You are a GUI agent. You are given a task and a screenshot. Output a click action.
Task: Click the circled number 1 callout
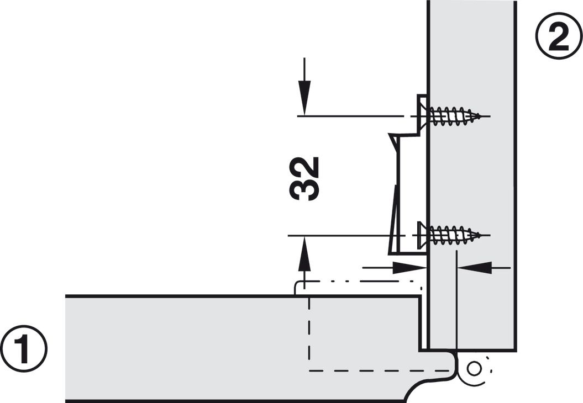coord(24,349)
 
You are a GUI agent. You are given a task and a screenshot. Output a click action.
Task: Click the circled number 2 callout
coord(559,36)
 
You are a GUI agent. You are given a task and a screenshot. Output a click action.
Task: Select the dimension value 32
coord(304,179)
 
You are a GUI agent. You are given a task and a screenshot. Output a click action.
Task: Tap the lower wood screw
coord(450,235)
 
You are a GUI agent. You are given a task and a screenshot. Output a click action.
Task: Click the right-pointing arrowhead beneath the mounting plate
coord(409,267)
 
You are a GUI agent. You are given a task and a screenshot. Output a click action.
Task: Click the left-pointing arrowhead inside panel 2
coord(475,267)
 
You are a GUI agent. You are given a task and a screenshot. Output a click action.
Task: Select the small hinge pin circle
coord(474,369)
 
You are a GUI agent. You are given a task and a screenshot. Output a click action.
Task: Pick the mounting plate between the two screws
coord(407,193)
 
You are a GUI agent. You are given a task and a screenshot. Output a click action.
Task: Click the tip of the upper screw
coord(482,116)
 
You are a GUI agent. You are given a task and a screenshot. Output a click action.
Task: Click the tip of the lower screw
coord(482,235)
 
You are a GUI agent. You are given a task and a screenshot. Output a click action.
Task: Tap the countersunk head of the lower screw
coord(423,235)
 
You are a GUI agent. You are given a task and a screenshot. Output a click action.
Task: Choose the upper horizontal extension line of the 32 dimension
coord(350,116)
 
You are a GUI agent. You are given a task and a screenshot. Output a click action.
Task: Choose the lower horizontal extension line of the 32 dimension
coord(346,236)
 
